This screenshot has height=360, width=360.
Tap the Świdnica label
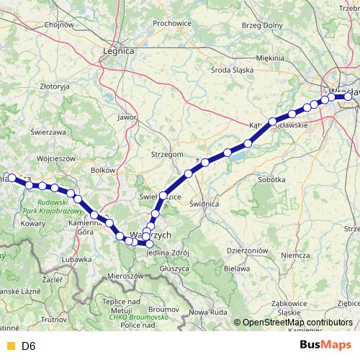click(x=204, y=204)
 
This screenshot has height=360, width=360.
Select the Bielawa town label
click(x=232, y=268)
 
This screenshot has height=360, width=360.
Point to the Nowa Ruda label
click(x=208, y=311)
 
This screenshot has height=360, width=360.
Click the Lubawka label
click(x=76, y=258)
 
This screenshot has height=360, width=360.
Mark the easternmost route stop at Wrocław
click(x=348, y=96)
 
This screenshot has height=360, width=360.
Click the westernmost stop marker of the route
click(x=12, y=176)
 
